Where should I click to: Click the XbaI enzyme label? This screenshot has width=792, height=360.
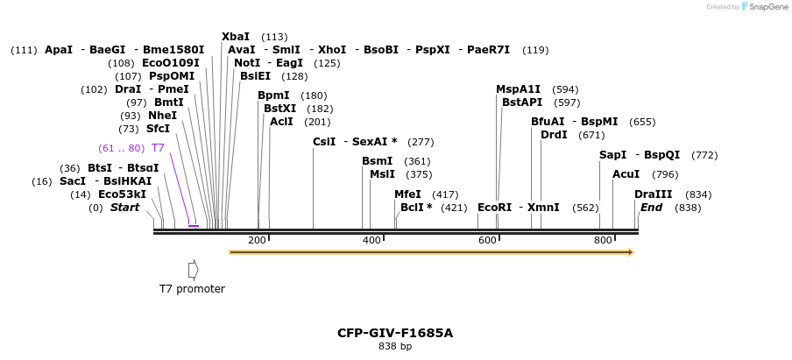(236, 37)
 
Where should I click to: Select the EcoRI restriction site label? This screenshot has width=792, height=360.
(494, 208)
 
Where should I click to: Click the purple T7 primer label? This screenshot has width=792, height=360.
(158, 148)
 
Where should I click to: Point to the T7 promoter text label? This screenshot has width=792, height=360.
(192, 289)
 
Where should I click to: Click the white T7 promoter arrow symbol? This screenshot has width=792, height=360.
(193, 270)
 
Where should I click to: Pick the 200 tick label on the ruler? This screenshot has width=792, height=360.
(257, 240)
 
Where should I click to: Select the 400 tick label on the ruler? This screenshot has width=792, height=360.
(372, 240)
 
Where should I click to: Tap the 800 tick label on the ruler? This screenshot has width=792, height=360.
(603, 240)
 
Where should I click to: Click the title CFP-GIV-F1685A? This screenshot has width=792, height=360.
(395, 333)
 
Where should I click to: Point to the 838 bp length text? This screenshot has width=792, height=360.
(395, 347)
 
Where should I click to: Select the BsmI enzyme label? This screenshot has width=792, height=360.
(377, 161)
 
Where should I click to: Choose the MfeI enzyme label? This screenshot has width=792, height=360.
(407, 194)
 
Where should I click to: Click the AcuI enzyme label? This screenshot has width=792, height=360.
(626, 174)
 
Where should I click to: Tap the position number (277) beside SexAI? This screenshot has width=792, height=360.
(421, 142)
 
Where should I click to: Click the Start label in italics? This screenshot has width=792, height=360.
(124, 208)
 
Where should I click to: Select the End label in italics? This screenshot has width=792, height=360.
(651, 208)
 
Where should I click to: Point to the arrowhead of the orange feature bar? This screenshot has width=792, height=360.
(629, 252)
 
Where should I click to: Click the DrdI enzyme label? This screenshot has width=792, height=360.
(554, 135)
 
